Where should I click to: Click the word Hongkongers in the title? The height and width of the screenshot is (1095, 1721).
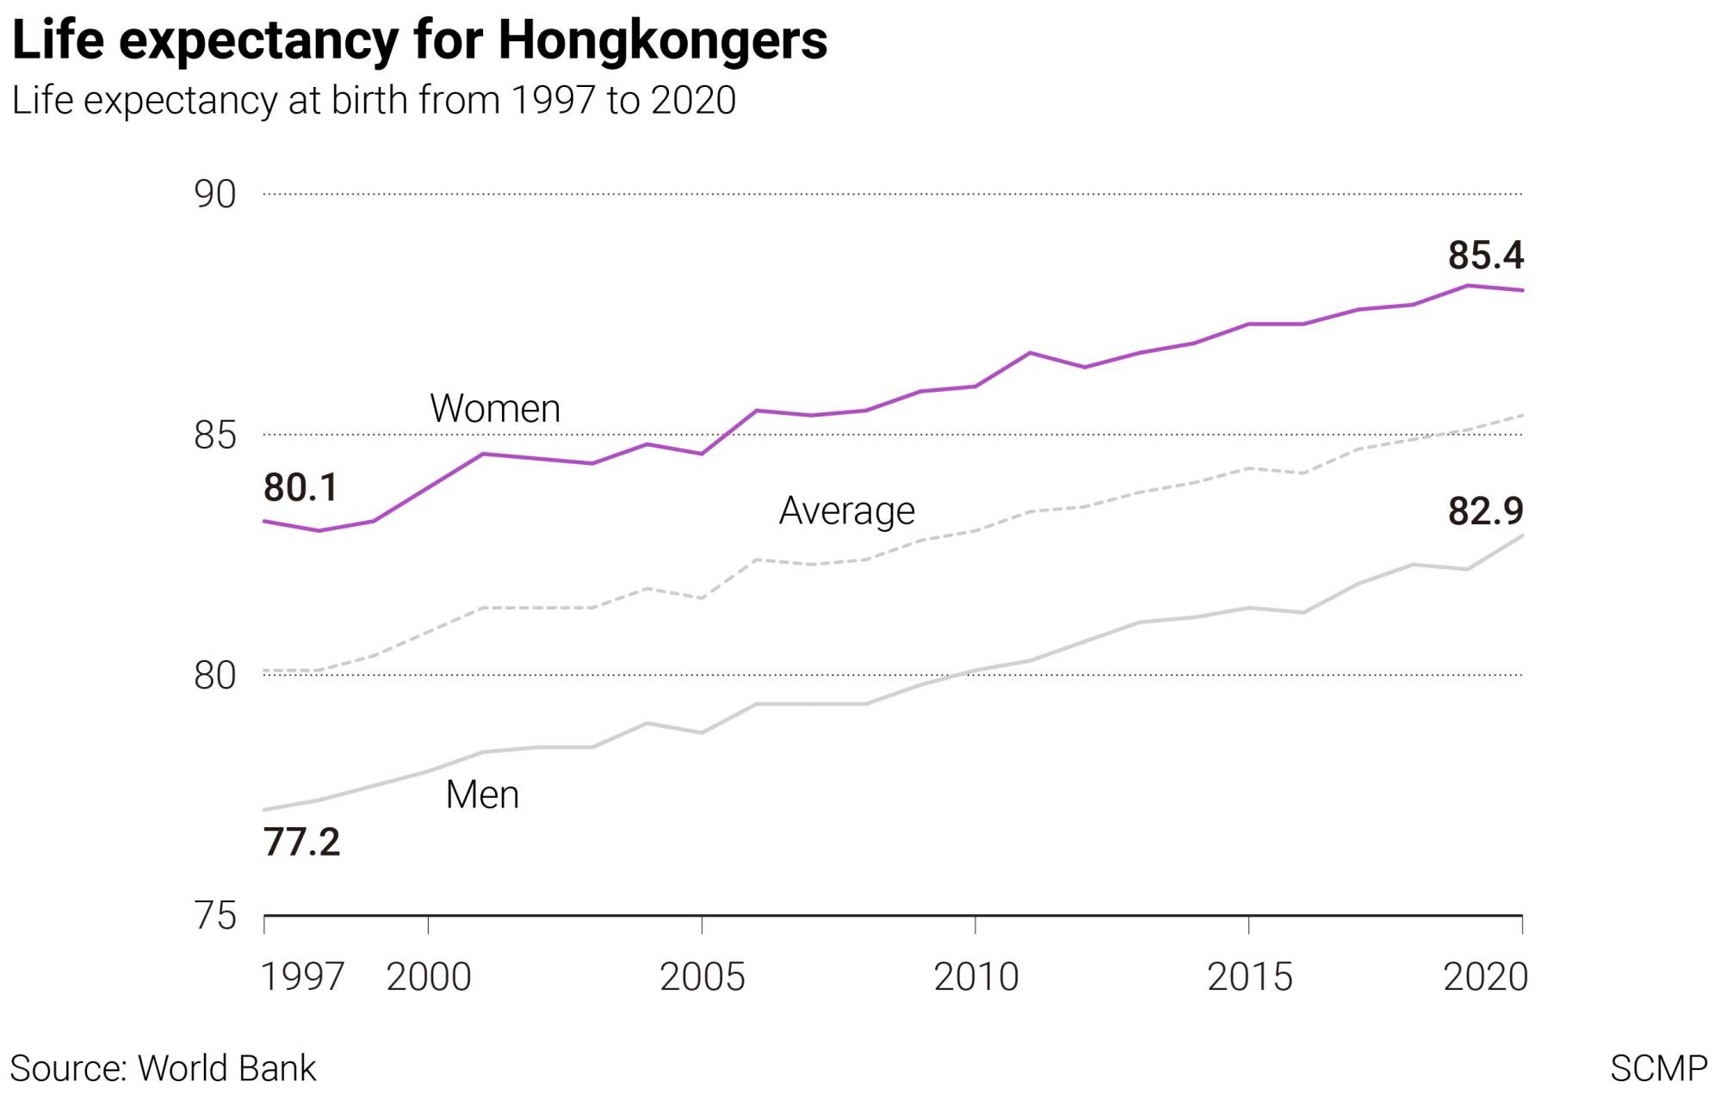[x=662, y=40]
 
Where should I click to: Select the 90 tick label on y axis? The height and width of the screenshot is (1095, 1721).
[x=214, y=195]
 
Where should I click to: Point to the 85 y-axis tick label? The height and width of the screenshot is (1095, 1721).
[x=214, y=436]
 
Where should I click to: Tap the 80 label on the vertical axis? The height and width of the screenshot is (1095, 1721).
[x=214, y=676]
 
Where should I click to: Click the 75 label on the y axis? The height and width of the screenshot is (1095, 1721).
[x=214, y=916]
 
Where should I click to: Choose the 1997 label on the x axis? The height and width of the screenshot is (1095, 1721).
[x=302, y=977]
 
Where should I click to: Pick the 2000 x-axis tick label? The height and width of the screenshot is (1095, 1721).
[x=428, y=977]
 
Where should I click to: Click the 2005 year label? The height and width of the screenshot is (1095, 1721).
[x=702, y=977]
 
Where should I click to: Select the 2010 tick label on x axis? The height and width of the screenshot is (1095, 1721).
[x=975, y=977]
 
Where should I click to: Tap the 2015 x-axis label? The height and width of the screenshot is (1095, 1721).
[x=1249, y=977]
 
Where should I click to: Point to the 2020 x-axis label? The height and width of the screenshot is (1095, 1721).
[x=1485, y=977]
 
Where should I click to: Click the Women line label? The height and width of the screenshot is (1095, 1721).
[x=495, y=409]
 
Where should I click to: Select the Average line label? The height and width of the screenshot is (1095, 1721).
[x=846, y=511]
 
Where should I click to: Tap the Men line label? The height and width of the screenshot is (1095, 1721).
[x=482, y=795]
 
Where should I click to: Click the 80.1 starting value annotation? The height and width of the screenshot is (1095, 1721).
[x=300, y=488]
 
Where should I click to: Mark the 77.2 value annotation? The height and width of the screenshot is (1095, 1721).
[x=301, y=842]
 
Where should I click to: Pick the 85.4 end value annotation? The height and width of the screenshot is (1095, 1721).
[x=1485, y=256]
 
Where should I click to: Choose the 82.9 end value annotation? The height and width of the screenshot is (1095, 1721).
[x=1485, y=511]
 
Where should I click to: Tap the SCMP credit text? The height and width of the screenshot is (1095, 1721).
[x=1658, y=1068]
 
